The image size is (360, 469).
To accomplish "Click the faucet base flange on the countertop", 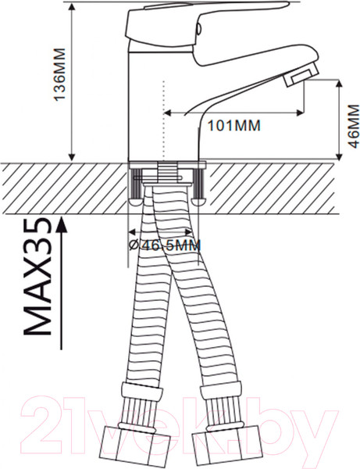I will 166,163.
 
